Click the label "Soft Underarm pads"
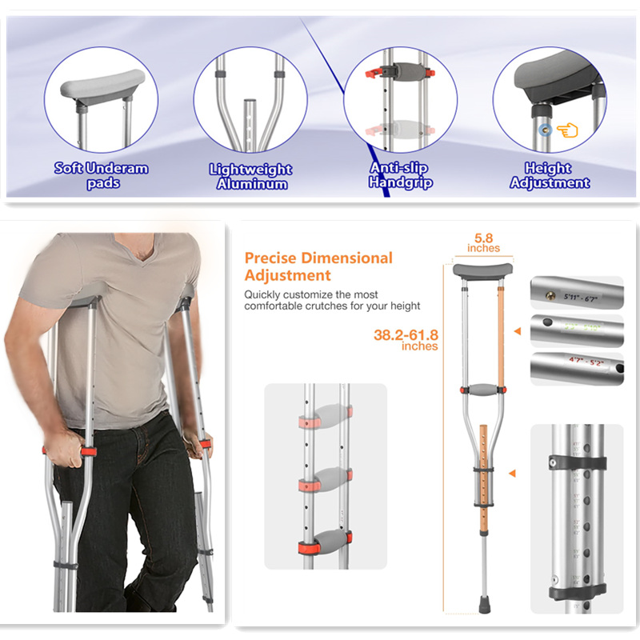tap(101, 175)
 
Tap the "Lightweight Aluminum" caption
tap(250, 176)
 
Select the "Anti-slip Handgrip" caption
tap(400, 175)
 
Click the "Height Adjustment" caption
tap(549, 175)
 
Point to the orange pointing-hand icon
tap(567, 130)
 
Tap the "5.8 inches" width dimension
tap(483, 242)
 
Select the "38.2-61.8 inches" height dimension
tap(406, 339)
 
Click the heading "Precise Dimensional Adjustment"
tap(318, 266)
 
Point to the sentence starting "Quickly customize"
tap(332, 300)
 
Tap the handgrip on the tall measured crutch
tap(482, 390)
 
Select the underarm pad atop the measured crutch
tap(478, 269)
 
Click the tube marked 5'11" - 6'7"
tap(576, 293)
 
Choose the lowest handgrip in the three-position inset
tap(326, 544)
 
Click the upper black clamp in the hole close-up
tap(576, 462)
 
